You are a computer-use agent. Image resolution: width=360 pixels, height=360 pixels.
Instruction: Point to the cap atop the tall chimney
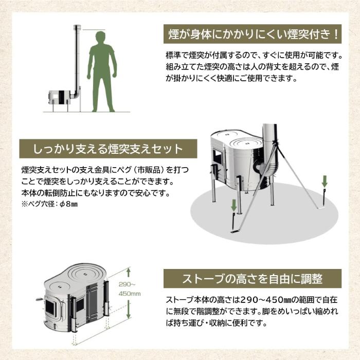pos(77,27)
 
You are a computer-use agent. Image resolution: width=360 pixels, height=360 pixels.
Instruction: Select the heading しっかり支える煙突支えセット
pos(108,149)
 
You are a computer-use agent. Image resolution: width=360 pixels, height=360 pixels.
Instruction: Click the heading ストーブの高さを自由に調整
pos(252,279)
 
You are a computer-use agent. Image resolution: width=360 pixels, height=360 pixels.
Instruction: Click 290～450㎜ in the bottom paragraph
pos(263,301)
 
